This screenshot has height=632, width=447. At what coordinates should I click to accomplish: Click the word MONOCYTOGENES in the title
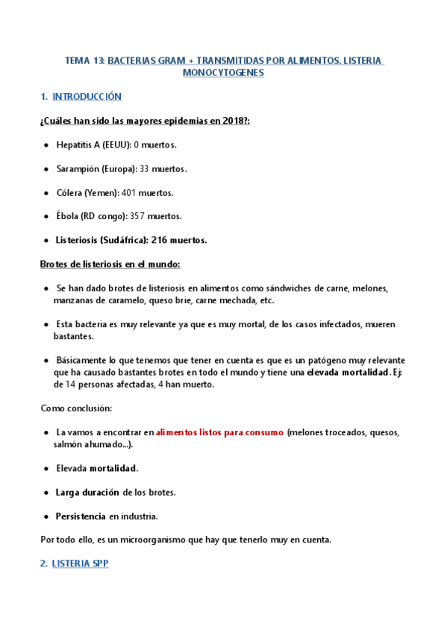point(223,74)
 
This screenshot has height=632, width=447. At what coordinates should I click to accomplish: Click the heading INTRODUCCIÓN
point(87,97)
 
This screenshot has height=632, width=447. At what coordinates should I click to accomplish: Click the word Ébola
point(67,216)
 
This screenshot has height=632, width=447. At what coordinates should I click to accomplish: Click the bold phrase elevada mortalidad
point(348,372)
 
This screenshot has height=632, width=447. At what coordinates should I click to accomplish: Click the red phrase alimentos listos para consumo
point(219,432)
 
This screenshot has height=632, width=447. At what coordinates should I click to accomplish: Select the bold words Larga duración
point(87,492)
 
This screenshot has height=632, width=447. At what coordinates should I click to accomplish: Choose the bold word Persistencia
point(81,516)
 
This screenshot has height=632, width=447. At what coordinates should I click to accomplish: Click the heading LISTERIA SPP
point(80,563)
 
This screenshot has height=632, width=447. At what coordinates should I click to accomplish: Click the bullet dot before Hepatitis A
point(47,145)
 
